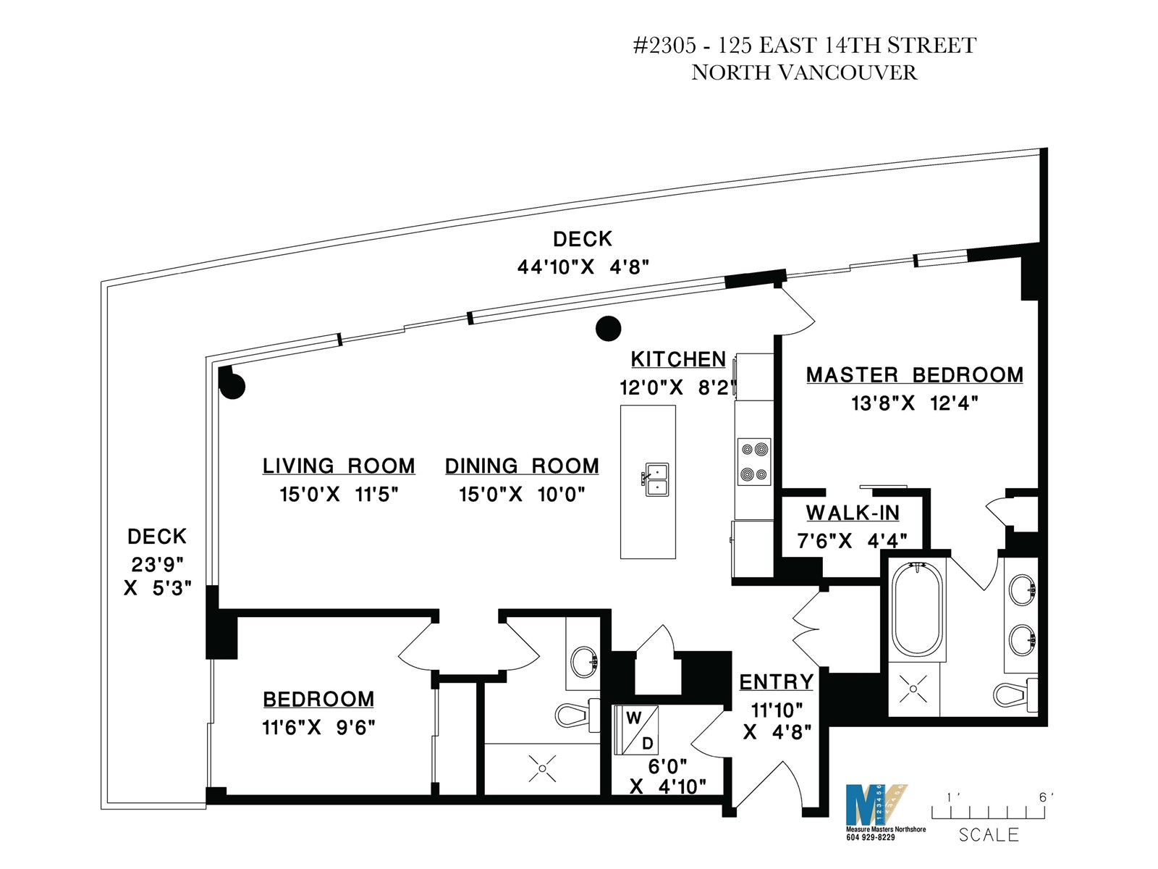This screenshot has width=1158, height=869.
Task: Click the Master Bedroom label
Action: point(914,375)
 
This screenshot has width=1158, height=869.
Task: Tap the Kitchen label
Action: point(678,359)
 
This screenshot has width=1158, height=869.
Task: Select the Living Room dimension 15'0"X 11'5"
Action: point(339,495)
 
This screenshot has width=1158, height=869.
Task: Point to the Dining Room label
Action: point(522,466)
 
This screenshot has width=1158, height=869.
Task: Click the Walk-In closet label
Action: point(853,513)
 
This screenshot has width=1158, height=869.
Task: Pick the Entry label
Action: point(776,682)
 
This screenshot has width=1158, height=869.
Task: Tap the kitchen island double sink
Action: point(656,479)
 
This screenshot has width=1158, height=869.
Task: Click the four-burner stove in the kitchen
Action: point(754,462)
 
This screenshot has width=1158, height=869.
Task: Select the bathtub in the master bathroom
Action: point(917,610)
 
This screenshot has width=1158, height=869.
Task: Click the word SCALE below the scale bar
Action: point(988,835)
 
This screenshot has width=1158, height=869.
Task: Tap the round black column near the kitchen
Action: point(608,329)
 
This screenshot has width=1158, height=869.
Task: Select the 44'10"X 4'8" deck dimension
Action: point(583,267)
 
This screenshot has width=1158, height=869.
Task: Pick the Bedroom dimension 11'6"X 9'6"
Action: point(318,728)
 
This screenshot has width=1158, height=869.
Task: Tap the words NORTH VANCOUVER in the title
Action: point(804,72)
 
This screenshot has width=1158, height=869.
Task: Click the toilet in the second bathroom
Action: point(578,715)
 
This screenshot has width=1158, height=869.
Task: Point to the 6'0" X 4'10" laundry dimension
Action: point(667,776)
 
